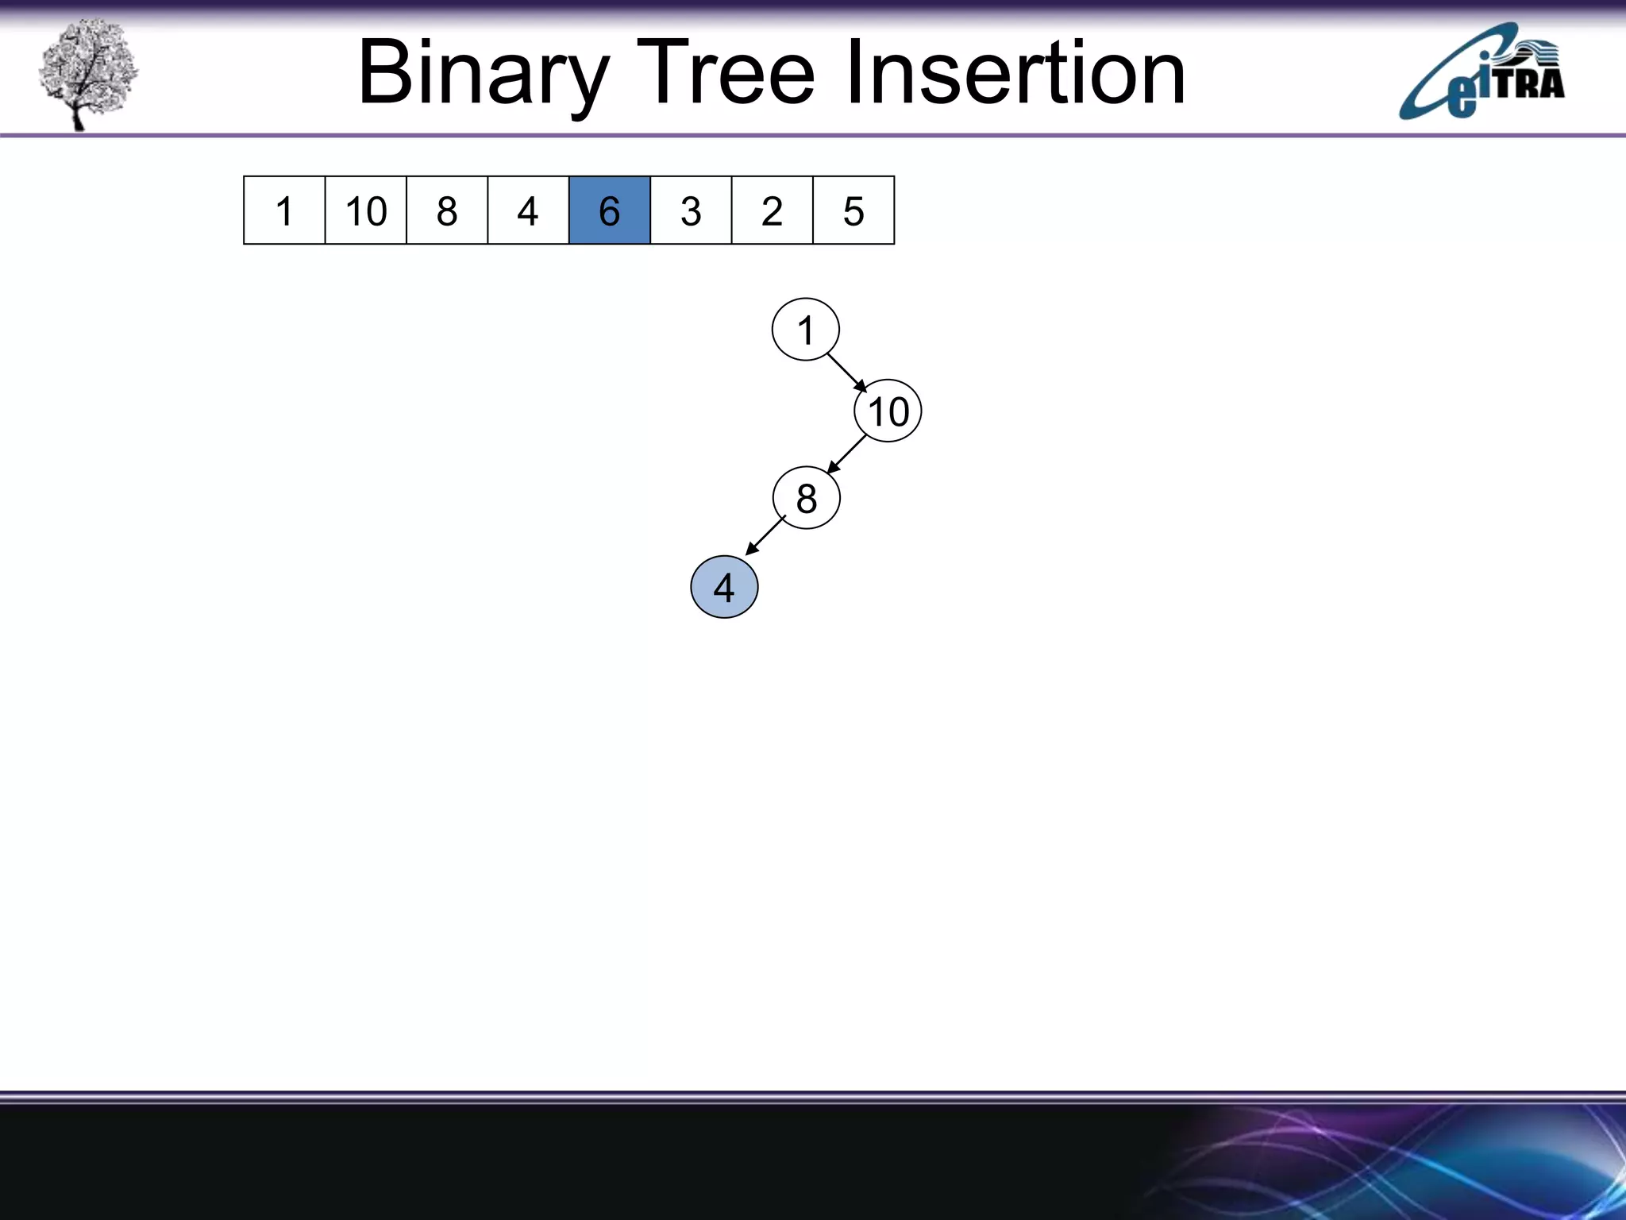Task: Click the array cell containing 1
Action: coord(284,210)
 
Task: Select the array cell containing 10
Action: coord(365,210)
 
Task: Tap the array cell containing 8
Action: coord(447,210)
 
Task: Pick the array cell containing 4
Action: coord(528,210)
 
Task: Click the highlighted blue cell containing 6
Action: coord(610,210)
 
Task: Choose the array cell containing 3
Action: coord(691,210)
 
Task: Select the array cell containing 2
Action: coord(772,210)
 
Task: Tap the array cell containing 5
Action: coord(853,210)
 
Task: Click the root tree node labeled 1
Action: coord(805,330)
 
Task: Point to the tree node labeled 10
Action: coord(888,411)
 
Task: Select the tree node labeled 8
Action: coord(806,498)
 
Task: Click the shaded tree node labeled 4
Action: coord(724,588)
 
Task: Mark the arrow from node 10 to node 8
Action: coord(846,454)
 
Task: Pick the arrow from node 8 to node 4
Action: coord(765,536)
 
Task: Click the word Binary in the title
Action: coord(484,74)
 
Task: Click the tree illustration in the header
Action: coord(87,73)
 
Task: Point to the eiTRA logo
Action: coord(1482,73)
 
